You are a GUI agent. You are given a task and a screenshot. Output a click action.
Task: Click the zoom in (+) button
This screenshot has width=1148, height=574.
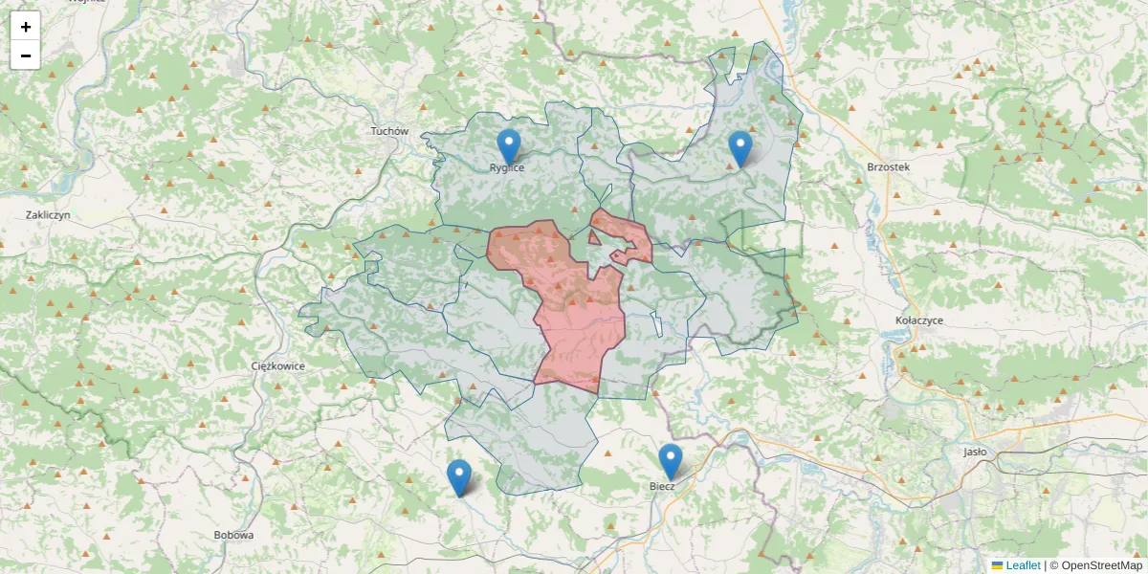click(26, 27)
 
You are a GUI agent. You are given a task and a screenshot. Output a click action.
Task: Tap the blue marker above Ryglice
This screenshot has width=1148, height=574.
click(509, 145)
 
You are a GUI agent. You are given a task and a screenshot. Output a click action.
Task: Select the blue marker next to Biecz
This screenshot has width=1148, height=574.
click(671, 460)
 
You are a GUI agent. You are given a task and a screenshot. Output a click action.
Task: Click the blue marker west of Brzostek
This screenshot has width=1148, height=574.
click(740, 147)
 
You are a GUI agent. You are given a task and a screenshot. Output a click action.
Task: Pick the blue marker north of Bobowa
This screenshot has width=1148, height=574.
click(459, 476)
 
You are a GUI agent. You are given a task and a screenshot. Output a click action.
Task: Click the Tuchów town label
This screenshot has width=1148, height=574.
click(389, 131)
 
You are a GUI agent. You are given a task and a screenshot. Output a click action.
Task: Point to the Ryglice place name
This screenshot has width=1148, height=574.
click(507, 167)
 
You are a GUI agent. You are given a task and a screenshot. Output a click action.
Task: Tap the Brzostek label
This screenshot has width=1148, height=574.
click(888, 166)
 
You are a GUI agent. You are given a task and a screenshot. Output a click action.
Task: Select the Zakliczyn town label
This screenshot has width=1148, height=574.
click(49, 215)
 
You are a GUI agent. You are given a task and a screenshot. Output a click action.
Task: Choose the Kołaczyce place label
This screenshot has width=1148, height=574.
click(919, 320)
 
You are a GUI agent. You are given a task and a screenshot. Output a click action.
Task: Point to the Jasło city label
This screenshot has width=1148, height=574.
click(975, 452)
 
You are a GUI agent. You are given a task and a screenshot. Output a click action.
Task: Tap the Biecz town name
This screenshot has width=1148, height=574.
click(662, 486)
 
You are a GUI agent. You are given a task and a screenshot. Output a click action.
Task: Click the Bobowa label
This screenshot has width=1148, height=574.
click(234, 535)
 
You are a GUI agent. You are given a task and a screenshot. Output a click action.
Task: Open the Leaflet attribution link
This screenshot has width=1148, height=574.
click(1023, 565)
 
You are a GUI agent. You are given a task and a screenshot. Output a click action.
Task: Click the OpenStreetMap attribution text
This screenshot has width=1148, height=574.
click(1101, 565)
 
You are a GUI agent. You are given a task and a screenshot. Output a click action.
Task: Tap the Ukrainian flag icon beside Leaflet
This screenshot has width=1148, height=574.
click(998, 565)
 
